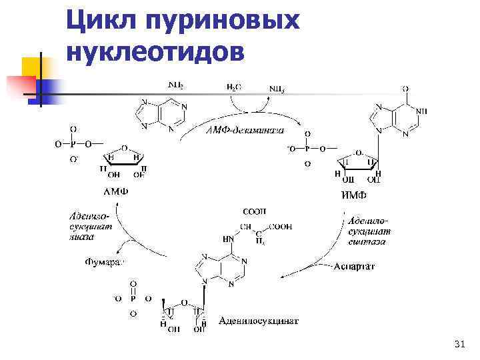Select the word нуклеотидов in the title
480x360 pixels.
pos(157,51)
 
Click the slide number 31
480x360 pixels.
pos(458,344)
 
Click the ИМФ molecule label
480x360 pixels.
pos(354,195)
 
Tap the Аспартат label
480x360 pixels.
pos(354,266)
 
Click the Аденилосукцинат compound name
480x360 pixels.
pos(259,321)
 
